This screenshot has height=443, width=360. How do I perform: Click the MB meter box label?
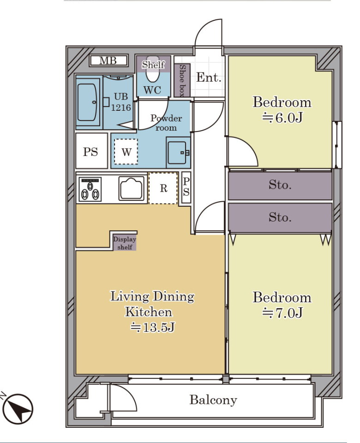pyautogui.click(x=108, y=60)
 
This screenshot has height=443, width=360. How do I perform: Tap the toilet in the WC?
pyautogui.click(x=153, y=74)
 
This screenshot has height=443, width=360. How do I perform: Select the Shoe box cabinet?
pyautogui.click(x=182, y=80)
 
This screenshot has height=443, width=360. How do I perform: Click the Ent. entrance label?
pyautogui.click(x=209, y=78)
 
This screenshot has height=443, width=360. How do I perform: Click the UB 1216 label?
pyautogui.click(x=121, y=102)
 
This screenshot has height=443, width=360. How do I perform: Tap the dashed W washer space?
pyautogui.click(x=126, y=152)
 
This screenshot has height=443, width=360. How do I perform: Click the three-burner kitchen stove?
pyautogui.click(x=90, y=189)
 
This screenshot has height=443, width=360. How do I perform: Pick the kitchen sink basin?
pyautogui.click(x=132, y=188)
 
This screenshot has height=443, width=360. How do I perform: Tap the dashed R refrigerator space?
pyautogui.click(x=163, y=188)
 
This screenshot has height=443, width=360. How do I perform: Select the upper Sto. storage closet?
pyautogui.click(x=280, y=186)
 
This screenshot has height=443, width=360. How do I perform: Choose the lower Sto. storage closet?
pyautogui.click(x=280, y=217)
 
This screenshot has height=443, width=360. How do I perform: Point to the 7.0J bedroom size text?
pyautogui.click(x=282, y=313)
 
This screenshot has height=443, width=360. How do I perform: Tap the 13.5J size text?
pyautogui.click(x=153, y=328)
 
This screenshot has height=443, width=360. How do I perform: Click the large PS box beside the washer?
pyautogui.click(x=91, y=151)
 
